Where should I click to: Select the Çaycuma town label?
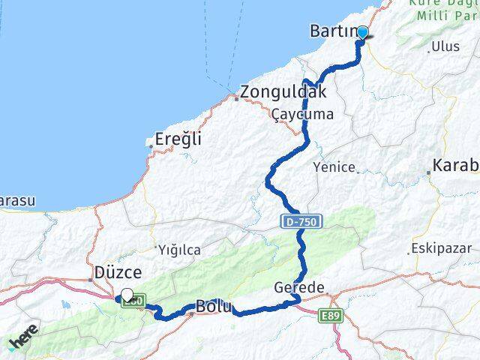tap(302, 115)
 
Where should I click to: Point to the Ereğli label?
tap(178, 139)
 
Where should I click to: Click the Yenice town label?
tap(334, 167)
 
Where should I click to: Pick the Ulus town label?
tap(445, 46)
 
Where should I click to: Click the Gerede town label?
tap(299, 288)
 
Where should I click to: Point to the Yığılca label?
tap(178, 249)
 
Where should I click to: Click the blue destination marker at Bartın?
tap(362, 33)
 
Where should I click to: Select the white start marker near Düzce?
tap(127, 295)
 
